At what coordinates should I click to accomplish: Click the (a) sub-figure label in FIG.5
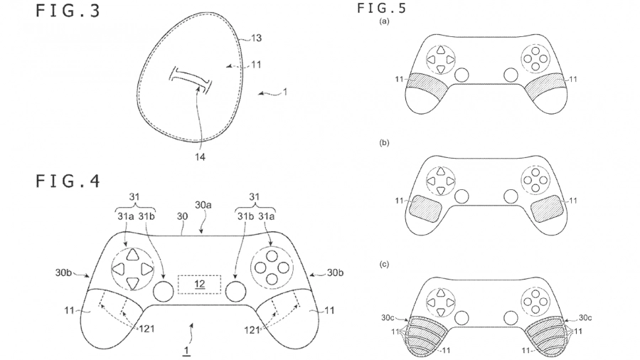tap(385, 22)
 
